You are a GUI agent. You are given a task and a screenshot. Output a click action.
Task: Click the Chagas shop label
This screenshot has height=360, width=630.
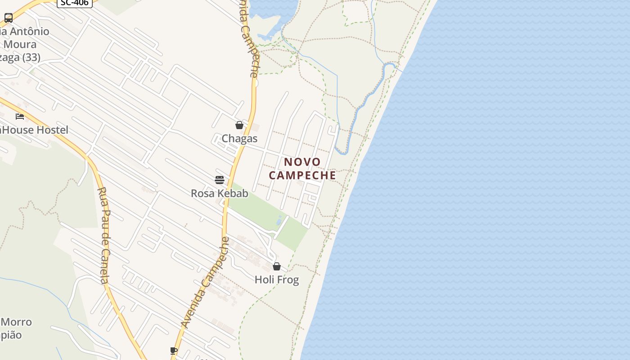click(239, 139)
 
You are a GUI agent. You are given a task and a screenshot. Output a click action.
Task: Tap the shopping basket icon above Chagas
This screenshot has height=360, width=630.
click(239, 125)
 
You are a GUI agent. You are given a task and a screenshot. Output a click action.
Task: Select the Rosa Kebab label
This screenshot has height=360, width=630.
click(220, 193)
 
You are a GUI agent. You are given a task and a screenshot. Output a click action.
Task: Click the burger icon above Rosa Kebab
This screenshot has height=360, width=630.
click(220, 180)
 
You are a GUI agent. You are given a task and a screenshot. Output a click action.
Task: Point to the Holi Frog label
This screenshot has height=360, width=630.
click(277, 280)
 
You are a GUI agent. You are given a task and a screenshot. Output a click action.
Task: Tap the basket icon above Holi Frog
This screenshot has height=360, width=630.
click(277, 266)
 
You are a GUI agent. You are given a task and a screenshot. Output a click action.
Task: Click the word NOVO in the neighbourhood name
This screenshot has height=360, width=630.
click(302, 162)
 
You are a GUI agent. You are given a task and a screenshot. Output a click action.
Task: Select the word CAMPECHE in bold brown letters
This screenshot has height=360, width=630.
click(302, 175)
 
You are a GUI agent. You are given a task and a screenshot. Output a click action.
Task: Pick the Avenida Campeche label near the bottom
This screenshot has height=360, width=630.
click(205, 283)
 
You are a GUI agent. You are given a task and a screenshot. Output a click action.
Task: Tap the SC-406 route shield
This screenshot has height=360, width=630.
click(75, 3)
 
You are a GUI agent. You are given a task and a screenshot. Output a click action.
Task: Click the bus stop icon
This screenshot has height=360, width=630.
click(9, 18)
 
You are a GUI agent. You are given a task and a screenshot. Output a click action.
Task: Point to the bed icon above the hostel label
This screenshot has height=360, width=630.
click(20, 116)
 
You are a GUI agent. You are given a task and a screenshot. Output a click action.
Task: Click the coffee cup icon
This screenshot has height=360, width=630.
click(174, 351)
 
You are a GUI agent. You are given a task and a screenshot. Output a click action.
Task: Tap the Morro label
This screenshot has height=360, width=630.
click(17, 322)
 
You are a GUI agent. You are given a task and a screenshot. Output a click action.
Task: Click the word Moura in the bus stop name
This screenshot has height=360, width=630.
click(20, 45)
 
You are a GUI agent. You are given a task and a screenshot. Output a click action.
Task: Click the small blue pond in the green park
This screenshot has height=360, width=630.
click(279, 220)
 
